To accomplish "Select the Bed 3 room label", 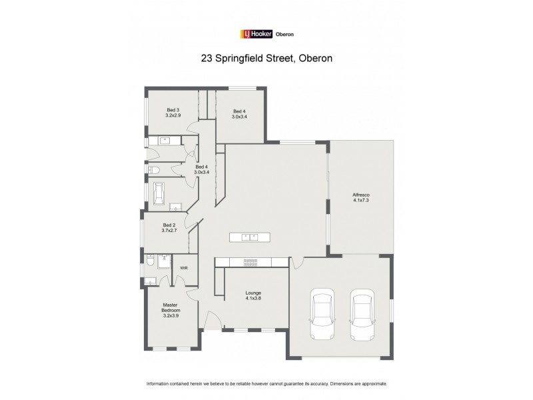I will (173, 110).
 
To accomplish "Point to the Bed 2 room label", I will (169, 225).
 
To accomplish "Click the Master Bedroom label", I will (171, 307).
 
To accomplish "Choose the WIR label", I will (184, 268).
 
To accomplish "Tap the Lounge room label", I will (253, 293).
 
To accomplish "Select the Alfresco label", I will (361, 195).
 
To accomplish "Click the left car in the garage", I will (322, 315).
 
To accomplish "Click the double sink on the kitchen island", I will (250, 237).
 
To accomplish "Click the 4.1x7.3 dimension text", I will (361, 200).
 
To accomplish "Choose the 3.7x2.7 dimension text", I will (169, 231).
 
